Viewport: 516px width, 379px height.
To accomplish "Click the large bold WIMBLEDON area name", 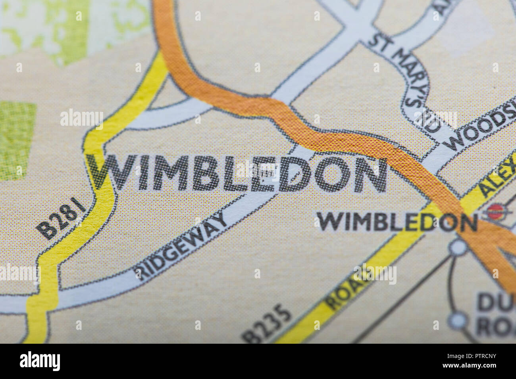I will [238, 174].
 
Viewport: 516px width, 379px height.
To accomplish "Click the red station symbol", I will [494, 211].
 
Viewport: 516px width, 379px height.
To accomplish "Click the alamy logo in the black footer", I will [40, 361].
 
